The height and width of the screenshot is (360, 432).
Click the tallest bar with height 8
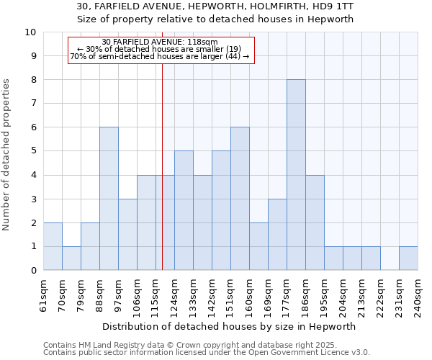click(x=296, y=175)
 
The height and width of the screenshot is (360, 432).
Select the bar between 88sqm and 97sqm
click(x=109, y=199)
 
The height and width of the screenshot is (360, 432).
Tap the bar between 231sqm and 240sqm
click(x=408, y=258)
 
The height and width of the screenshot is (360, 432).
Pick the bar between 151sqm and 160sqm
click(x=240, y=199)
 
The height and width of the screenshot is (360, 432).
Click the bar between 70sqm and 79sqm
click(x=71, y=258)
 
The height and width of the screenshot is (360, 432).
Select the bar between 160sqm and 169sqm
click(x=258, y=246)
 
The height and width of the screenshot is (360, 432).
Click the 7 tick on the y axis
click(x=32, y=104)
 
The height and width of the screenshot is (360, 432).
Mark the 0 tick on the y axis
click(x=32, y=271)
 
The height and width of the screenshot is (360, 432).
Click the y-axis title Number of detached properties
click(x=6, y=155)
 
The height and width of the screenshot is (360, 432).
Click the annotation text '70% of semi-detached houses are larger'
click(x=159, y=56)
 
